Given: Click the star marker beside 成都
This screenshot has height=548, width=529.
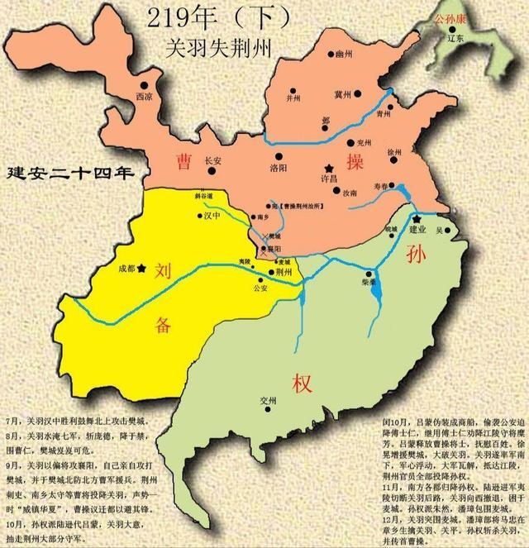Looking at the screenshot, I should [142, 268].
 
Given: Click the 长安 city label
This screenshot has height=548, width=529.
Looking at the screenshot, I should [212, 161].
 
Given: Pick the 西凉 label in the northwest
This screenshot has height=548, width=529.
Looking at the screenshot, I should [143, 96].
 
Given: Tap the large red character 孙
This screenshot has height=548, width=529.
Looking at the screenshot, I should [415, 256].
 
